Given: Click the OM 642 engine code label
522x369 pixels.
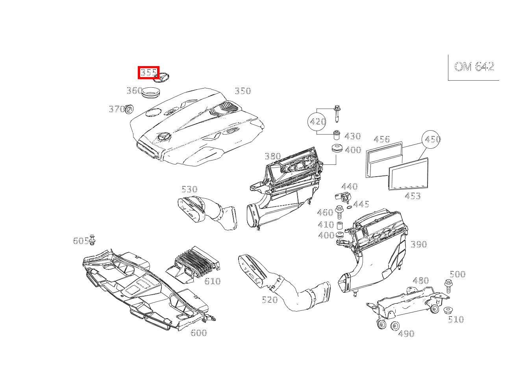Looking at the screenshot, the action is [x=474, y=67].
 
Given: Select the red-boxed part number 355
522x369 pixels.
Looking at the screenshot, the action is [x=148, y=72].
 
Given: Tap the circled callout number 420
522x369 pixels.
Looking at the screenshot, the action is [x=317, y=121].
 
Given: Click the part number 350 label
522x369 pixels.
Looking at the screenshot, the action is [x=243, y=91].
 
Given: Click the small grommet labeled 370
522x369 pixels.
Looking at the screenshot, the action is [x=129, y=109].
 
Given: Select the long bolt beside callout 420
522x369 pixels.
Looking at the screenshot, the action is [x=337, y=114].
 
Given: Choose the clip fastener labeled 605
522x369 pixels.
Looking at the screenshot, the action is [x=92, y=240].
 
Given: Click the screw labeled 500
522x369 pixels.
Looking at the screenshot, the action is [x=448, y=286].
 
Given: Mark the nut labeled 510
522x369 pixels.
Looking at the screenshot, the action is [x=448, y=310].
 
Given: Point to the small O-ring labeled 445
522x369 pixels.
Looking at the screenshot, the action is [x=349, y=207].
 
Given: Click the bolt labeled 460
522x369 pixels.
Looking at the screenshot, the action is [x=339, y=212].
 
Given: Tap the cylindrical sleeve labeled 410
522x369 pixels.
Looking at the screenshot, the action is [x=340, y=225].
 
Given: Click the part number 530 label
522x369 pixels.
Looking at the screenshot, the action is [x=189, y=189].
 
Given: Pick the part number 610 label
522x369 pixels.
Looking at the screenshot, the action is [x=212, y=281].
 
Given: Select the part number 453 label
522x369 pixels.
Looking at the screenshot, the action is [x=413, y=196].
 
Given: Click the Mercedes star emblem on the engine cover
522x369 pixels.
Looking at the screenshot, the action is [x=163, y=137].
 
